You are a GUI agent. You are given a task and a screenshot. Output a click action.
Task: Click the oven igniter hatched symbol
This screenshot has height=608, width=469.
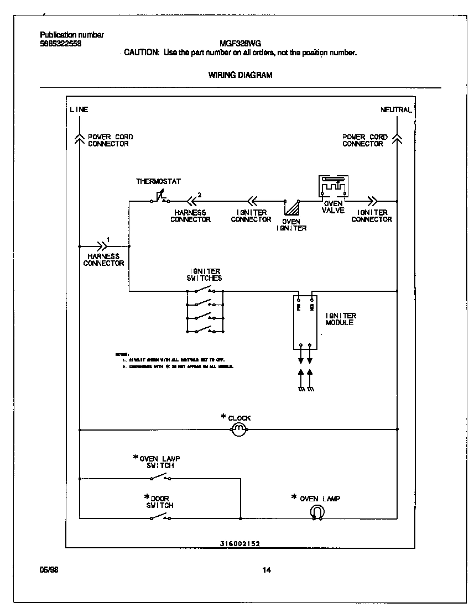pos(291,208)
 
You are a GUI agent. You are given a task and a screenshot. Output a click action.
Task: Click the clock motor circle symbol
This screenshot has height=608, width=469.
pos(237,429)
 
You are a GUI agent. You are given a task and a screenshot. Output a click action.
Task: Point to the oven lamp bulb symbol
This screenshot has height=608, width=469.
pos(317,512)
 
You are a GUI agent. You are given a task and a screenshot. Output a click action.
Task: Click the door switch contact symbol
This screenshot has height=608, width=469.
pos(160,517)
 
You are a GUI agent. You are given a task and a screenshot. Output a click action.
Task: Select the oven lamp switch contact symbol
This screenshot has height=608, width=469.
pos(160,476)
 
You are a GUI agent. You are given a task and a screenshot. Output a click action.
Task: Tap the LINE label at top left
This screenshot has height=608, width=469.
pos(79,109)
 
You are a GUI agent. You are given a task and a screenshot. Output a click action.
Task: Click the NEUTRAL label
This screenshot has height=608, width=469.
pos(396,109)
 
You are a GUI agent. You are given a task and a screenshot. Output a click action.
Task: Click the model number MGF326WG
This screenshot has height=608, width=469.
pos(241,44)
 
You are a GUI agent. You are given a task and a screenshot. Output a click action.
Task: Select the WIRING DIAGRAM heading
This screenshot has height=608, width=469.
pos(240,75)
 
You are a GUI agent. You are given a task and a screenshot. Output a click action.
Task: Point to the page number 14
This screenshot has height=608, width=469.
pos(267,570)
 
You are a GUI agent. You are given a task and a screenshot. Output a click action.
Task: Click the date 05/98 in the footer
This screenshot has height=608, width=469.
pos(49,570)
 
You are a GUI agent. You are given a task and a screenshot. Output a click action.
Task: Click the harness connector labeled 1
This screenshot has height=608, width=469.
pos(102,245)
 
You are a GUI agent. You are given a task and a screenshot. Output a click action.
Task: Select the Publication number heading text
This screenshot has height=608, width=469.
pos(72,35)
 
